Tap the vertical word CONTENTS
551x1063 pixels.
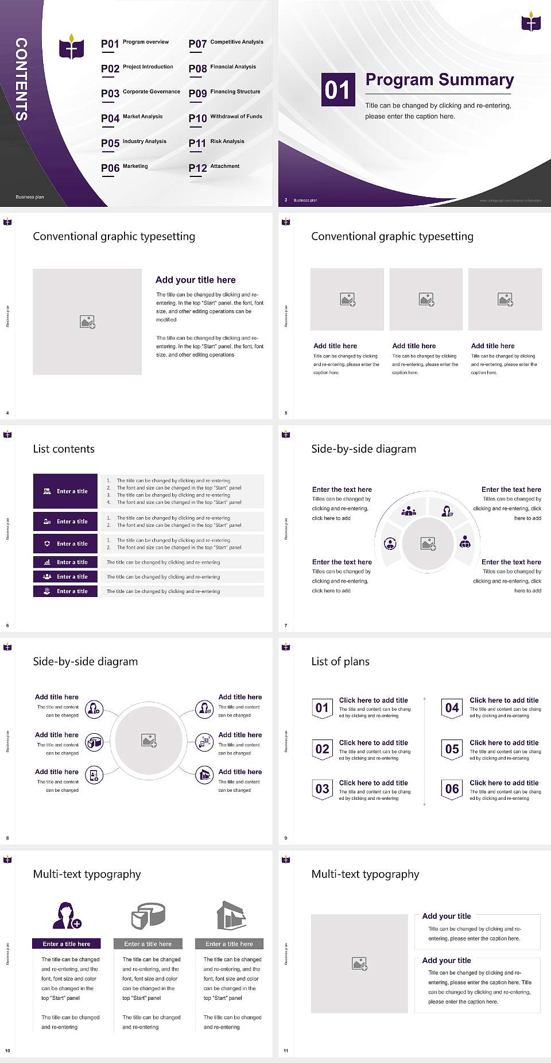[21, 79]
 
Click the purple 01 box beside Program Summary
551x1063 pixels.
[337, 90]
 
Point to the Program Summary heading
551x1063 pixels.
[439, 80]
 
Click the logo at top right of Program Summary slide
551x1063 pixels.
[531, 22]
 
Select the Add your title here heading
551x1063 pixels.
[195, 280]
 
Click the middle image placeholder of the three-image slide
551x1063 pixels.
[426, 299]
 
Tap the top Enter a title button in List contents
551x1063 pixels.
[65, 491]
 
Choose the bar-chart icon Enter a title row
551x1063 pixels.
[65, 562]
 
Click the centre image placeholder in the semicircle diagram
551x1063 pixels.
[428, 544]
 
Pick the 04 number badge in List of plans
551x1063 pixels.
[452, 708]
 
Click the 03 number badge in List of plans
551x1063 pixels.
[323, 789]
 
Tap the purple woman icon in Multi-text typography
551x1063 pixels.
[67, 916]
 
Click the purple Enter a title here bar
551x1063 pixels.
[67, 943]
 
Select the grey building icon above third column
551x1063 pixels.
[231, 915]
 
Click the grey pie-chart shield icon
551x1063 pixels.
[148, 916]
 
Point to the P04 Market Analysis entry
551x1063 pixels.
[132, 118]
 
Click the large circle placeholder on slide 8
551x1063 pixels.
[149, 740]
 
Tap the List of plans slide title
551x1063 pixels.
[340, 661]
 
